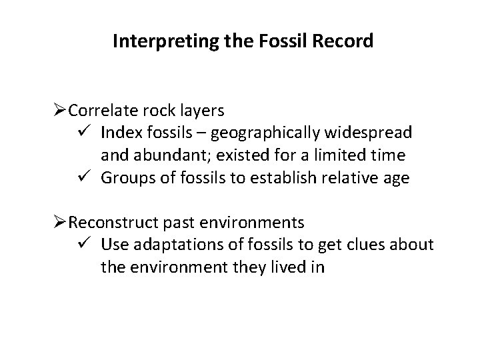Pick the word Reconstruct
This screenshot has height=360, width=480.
click(109, 221)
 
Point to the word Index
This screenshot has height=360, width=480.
click(118, 132)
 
